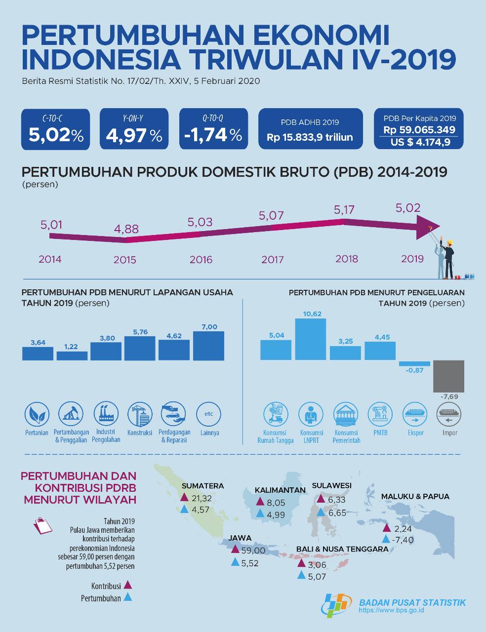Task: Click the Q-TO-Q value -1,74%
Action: click(213, 135)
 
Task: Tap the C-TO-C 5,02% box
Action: click(55, 129)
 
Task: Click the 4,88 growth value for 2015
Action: click(126, 229)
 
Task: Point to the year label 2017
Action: click(273, 259)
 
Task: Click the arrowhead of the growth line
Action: click(428, 228)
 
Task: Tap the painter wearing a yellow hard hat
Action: click(447, 258)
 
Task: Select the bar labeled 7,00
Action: click(208, 346)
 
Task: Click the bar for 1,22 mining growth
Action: click(72, 356)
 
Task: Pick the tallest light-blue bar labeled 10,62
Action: click(311, 339)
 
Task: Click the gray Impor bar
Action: click(449, 376)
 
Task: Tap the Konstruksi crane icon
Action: click(140, 414)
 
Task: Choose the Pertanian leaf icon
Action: click(37, 414)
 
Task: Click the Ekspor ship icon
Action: click(415, 414)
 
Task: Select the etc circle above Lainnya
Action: click(208, 414)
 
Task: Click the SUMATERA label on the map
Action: click(202, 486)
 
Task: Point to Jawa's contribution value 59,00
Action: click(253, 550)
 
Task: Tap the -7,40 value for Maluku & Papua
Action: click(403, 540)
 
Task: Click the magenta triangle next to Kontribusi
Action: click(128, 585)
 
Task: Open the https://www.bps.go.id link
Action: click(391, 610)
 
